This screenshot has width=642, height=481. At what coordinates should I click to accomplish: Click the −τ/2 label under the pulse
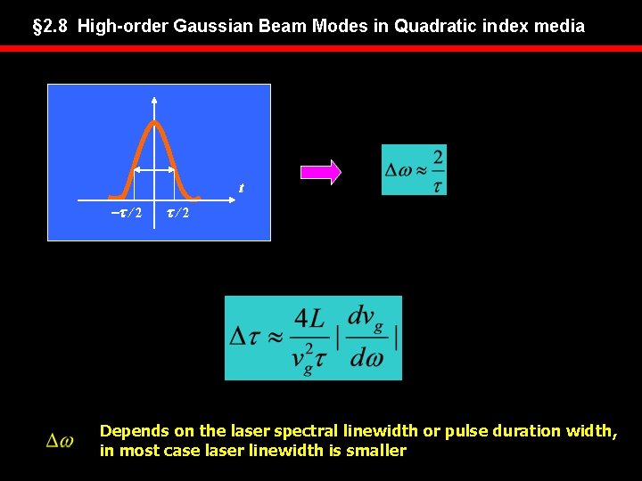pos(126,214)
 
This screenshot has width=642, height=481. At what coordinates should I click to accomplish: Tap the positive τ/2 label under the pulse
pos(174,214)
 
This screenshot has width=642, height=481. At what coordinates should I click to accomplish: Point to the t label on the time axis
pos(240,188)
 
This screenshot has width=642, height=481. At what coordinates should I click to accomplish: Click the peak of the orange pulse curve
pos(155,122)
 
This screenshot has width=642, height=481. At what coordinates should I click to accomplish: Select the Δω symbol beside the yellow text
pos(61,440)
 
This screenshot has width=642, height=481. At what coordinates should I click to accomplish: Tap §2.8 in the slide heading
pos(51,26)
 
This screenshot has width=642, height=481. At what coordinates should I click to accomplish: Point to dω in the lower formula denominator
pos(366,359)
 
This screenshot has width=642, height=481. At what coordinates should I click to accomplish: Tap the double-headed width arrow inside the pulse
pos(155,170)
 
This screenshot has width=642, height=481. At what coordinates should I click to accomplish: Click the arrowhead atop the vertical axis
pos(155,99)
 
